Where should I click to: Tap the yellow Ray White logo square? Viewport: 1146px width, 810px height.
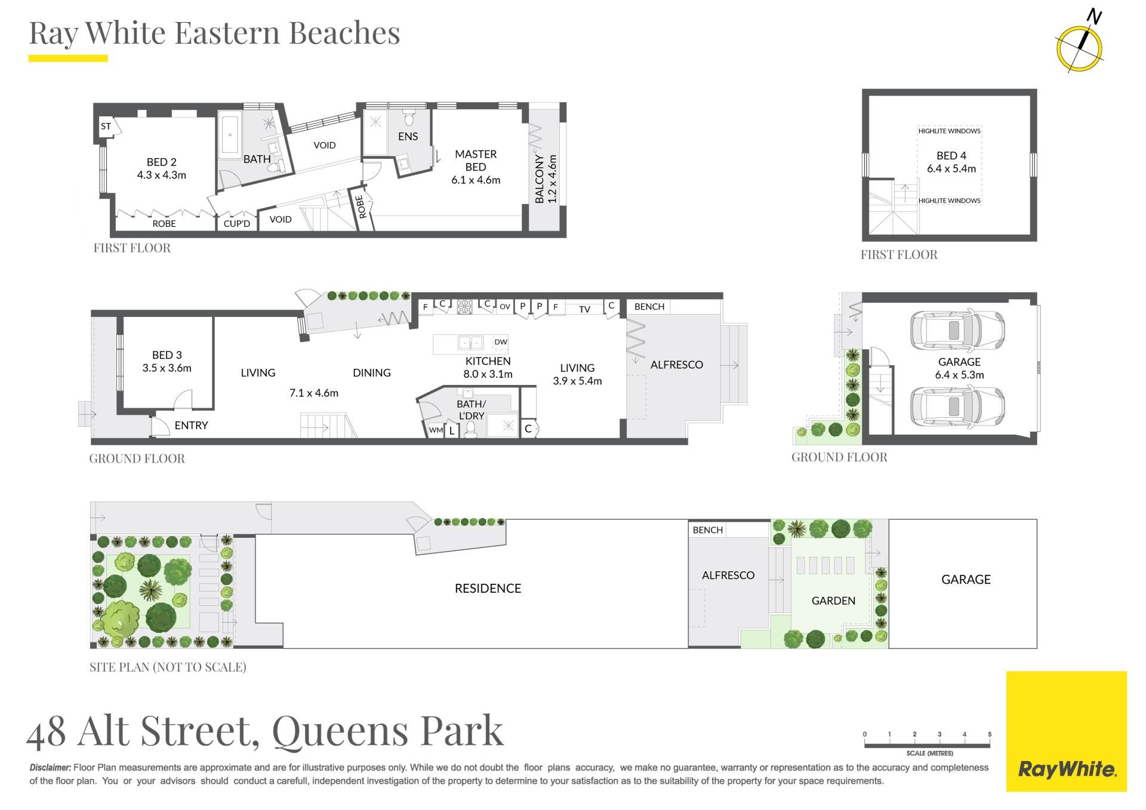[x=1067, y=731]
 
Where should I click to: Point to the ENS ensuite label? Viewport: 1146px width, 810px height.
[x=408, y=137]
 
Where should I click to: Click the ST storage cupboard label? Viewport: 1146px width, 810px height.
[x=106, y=127]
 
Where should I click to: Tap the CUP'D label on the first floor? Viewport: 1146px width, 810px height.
[x=237, y=224]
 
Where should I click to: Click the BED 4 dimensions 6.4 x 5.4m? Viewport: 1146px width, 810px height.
[x=951, y=169]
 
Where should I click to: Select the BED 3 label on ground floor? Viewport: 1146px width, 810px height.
[x=167, y=355]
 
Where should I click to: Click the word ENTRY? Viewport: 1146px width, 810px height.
[x=191, y=426]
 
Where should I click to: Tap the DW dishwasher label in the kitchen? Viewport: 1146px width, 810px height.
[x=501, y=342]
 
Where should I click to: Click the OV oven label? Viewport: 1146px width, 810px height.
[x=505, y=307]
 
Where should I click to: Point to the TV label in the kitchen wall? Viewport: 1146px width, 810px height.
[x=584, y=309]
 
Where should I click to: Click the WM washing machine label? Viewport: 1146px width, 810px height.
[x=436, y=430]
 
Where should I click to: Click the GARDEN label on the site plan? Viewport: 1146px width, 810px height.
[x=833, y=601]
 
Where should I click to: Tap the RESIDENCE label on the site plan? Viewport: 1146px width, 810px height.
[x=488, y=589]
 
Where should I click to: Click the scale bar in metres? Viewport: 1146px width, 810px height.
[x=927, y=745]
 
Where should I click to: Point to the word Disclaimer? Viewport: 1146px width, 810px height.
[x=50, y=768]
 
